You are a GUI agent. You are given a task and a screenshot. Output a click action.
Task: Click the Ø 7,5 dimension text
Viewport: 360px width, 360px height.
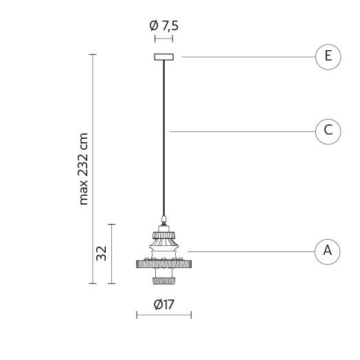(x=164, y=25)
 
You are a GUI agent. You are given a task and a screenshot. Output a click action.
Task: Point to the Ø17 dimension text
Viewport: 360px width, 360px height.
(x=164, y=304)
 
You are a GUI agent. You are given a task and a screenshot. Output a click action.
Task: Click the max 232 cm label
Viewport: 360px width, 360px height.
(x=83, y=169)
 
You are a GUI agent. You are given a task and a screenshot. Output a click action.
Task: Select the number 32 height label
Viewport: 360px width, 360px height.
(x=101, y=254)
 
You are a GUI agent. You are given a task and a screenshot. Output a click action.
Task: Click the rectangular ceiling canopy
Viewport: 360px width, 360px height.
(x=164, y=57)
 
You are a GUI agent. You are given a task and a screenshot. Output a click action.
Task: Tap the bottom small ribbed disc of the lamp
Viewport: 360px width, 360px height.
(x=164, y=281)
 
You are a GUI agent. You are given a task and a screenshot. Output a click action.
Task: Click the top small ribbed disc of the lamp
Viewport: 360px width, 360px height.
(x=164, y=236)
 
